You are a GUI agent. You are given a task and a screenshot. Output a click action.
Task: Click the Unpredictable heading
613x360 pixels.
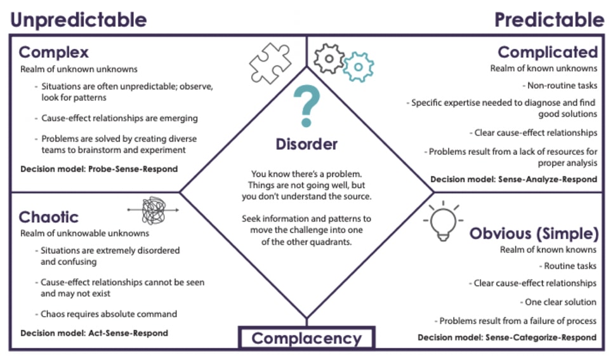click(x=79, y=19)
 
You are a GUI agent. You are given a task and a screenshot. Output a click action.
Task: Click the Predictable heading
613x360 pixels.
click(x=550, y=19)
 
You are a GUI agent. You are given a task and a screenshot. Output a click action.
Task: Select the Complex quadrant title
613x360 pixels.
click(x=54, y=51)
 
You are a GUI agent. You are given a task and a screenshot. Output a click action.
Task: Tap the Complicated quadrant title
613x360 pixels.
click(x=547, y=51)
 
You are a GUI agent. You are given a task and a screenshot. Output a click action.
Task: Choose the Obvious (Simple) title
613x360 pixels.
click(x=534, y=234)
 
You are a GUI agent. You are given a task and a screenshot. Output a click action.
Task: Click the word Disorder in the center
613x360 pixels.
click(x=306, y=144)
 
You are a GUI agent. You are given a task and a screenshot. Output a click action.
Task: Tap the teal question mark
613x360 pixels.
click(x=306, y=107)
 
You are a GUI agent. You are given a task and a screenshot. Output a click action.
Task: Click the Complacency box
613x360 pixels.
click(x=306, y=338)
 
